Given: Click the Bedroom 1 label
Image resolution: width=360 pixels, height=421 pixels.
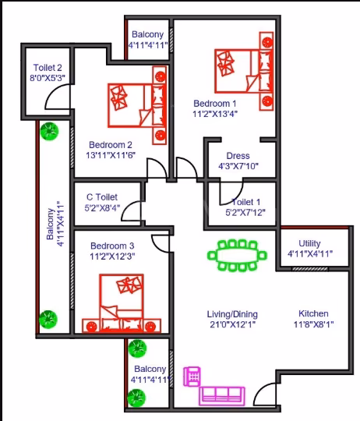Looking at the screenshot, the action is coord(215,104).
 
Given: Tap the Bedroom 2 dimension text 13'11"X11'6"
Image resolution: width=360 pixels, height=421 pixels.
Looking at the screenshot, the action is coord(111,155).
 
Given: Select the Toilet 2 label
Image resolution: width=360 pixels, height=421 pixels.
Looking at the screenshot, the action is coord(48,67).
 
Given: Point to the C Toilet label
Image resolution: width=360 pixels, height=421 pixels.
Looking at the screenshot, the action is coord(102,197).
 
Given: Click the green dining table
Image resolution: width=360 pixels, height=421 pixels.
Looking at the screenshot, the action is coord(237,255).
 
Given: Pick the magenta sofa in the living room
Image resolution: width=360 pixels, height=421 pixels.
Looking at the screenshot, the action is coord(222,396).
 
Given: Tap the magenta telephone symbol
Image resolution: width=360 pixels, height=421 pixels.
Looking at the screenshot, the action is coord(192,377).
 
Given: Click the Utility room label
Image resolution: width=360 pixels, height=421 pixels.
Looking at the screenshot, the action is coord(309,243).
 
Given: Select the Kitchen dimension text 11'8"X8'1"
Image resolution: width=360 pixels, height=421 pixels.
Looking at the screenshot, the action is coord(313,324).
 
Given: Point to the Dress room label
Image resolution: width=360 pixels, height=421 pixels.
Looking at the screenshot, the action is coord(238,156).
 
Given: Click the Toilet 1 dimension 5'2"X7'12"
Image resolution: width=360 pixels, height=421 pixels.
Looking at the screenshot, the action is coord(245,213).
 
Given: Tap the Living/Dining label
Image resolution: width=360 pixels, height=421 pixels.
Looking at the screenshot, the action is coord(232,314).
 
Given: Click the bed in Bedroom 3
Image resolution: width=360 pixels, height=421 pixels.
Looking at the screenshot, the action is coord(122,303).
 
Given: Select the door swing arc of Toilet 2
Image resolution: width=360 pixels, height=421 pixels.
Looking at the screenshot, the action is coord(53,90).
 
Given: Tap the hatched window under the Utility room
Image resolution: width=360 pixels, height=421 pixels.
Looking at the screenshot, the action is coord(309,269).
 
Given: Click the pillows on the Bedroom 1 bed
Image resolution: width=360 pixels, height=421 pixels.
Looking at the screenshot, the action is coord(226,63).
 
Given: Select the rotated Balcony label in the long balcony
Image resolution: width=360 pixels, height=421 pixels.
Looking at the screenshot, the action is coord(50,224).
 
